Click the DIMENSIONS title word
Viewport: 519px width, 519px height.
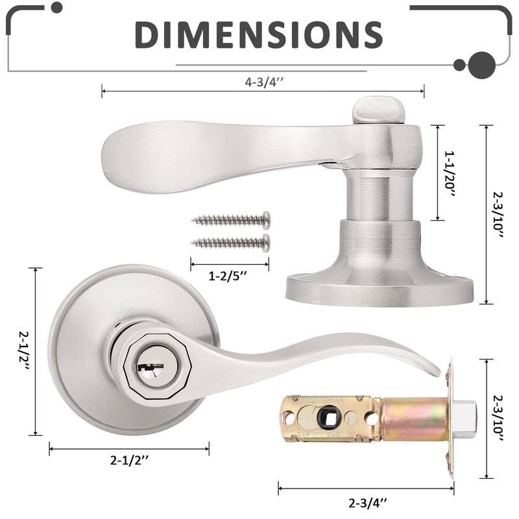(259, 34)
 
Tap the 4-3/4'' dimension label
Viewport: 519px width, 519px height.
(264, 82)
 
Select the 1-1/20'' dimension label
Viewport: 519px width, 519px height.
(450, 175)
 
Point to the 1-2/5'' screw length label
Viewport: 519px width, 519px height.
(228, 276)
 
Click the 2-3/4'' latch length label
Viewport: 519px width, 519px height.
(368, 503)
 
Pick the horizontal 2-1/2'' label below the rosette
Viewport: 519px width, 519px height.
(129, 460)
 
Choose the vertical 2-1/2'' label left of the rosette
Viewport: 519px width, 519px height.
(24, 352)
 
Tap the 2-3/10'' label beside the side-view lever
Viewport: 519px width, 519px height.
(498, 215)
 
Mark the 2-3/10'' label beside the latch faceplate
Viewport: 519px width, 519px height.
(498, 418)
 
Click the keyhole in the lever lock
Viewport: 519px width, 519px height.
(151, 367)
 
